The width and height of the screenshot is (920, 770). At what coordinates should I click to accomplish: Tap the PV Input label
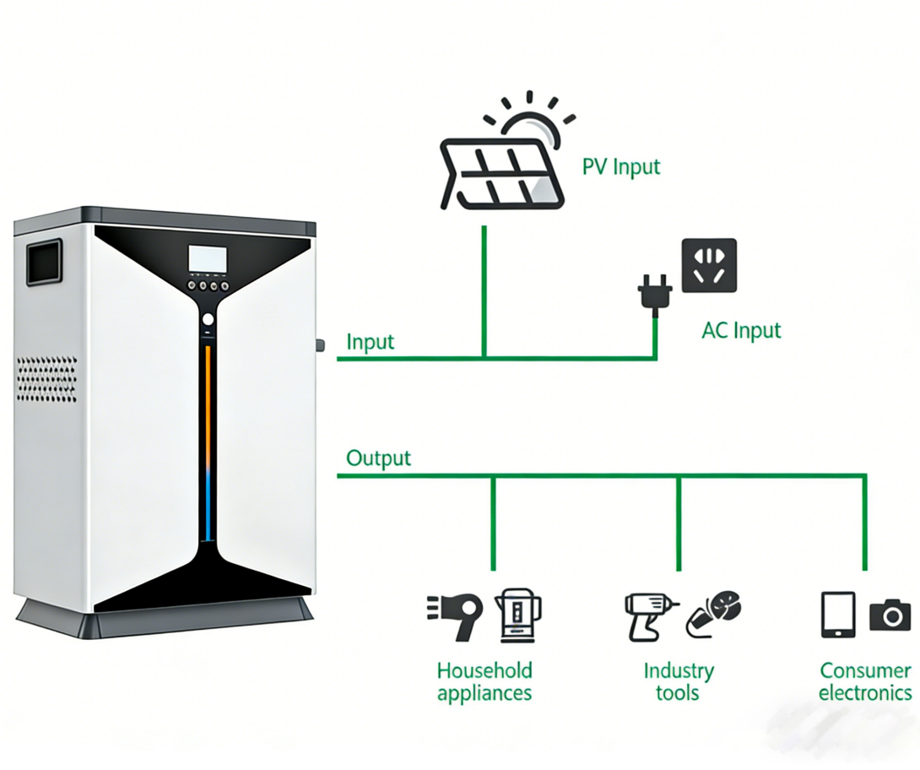tap(621, 166)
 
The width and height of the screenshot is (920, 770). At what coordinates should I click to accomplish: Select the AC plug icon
tap(654, 292)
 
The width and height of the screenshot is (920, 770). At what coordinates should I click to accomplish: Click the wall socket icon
tap(709, 265)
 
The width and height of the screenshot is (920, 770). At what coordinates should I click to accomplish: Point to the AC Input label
tap(741, 330)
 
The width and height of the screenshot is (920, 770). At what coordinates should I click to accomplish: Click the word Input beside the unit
tap(371, 342)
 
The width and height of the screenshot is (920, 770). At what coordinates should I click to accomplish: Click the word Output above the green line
tap(379, 458)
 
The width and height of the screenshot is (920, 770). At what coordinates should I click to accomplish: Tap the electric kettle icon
tap(517, 612)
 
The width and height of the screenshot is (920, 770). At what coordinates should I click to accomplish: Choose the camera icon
tap(890, 615)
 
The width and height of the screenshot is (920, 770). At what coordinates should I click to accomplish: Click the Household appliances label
tap(484, 682)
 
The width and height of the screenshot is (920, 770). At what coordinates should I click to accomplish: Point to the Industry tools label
tap(679, 682)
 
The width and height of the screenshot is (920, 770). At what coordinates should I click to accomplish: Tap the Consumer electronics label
tap(865, 682)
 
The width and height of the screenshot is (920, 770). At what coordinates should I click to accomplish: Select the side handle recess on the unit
tap(45, 262)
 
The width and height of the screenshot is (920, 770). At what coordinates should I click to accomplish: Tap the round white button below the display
tap(208, 320)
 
